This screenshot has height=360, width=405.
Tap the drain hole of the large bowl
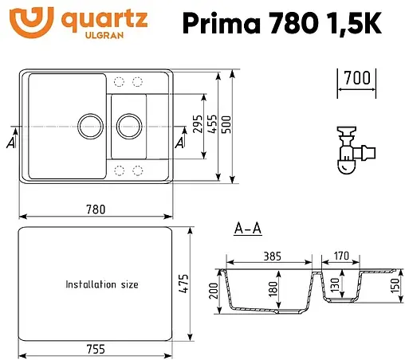tap(88, 124)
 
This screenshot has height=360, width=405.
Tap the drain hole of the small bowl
tap(128, 124)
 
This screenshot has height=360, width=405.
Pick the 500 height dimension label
tap(226, 124)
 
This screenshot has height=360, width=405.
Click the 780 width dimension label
tap(95, 210)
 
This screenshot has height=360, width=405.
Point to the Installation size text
tap(102, 284)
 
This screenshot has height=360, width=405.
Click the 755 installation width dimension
tap(95, 348)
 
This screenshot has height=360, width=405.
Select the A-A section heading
tap(248, 230)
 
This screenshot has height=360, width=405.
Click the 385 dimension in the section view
tap(273, 256)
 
